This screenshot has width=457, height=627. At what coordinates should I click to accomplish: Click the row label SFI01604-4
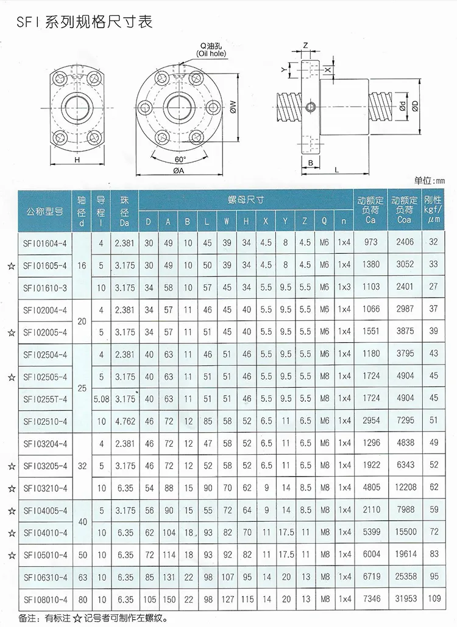pyautogui.click(x=46, y=242)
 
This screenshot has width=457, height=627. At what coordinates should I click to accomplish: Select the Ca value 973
pyautogui.click(x=370, y=242)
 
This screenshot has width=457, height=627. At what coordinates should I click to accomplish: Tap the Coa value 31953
pyautogui.click(x=404, y=598)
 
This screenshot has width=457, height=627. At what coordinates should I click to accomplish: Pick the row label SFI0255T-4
pyautogui.click(x=46, y=399)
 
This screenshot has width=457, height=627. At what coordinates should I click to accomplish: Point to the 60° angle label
pyautogui.click(x=180, y=159)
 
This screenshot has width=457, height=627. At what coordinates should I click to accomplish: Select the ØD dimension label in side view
pyautogui.click(x=414, y=105)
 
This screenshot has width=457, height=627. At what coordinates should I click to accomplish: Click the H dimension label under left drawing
pyautogui.click(x=77, y=159)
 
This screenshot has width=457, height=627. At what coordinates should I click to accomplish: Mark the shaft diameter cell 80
pyautogui.click(x=82, y=598)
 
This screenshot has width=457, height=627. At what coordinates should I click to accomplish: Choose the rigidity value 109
pyautogui.click(x=434, y=598)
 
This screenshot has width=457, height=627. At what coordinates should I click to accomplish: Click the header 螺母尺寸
pyautogui.click(x=246, y=200)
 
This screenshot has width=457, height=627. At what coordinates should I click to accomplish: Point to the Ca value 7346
pyautogui.click(x=370, y=598)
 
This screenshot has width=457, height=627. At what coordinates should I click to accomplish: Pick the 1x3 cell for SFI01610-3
pyautogui.click(x=344, y=287)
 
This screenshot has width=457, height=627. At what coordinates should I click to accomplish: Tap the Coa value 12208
pyautogui.click(x=404, y=488)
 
